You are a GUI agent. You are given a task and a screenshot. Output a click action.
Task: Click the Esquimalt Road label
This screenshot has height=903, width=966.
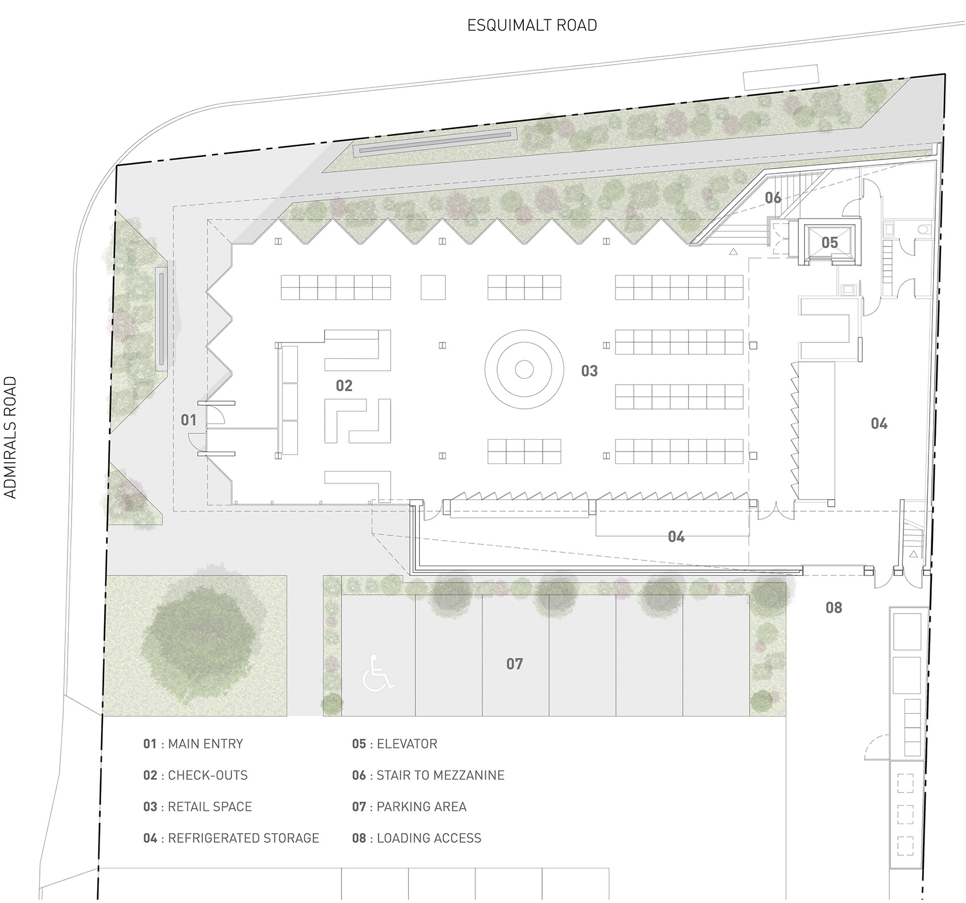click(x=532, y=26)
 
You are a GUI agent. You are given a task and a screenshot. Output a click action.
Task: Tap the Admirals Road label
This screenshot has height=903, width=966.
click(x=11, y=437)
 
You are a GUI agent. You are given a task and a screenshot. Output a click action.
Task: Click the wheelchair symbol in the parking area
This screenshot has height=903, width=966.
click(x=378, y=672)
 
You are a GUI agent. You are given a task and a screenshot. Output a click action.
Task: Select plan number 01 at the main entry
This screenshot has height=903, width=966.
click(x=189, y=420)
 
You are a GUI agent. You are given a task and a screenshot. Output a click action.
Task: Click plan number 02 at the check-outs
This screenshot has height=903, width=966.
click(x=344, y=386)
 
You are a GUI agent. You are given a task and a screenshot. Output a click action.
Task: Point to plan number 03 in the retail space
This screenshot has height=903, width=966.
click(x=589, y=371)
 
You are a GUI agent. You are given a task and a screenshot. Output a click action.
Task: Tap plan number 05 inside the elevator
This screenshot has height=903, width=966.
click(x=830, y=243)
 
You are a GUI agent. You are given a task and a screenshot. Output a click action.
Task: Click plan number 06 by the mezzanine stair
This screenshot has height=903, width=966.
click(x=773, y=198)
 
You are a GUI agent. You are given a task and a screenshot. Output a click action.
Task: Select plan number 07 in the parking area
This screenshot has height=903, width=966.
click(x=514, y=663)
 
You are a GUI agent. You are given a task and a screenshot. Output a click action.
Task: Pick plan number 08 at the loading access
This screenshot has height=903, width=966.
click(x=834, y=608)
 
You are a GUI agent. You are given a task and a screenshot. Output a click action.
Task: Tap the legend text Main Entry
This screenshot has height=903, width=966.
click(x=206, y=744)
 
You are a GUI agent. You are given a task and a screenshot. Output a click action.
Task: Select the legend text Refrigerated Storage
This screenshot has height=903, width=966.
click(x=244, y=838)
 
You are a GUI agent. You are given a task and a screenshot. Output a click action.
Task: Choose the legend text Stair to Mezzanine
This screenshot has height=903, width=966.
click(x=440, y=775)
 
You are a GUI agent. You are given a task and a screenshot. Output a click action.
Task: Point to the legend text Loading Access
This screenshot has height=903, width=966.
click(x=429, y=838)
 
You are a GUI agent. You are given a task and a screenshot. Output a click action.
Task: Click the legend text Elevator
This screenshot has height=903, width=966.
click(x=407, y=744)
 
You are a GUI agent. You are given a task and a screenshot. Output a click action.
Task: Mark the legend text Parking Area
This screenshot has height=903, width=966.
click(x=422, y=807)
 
